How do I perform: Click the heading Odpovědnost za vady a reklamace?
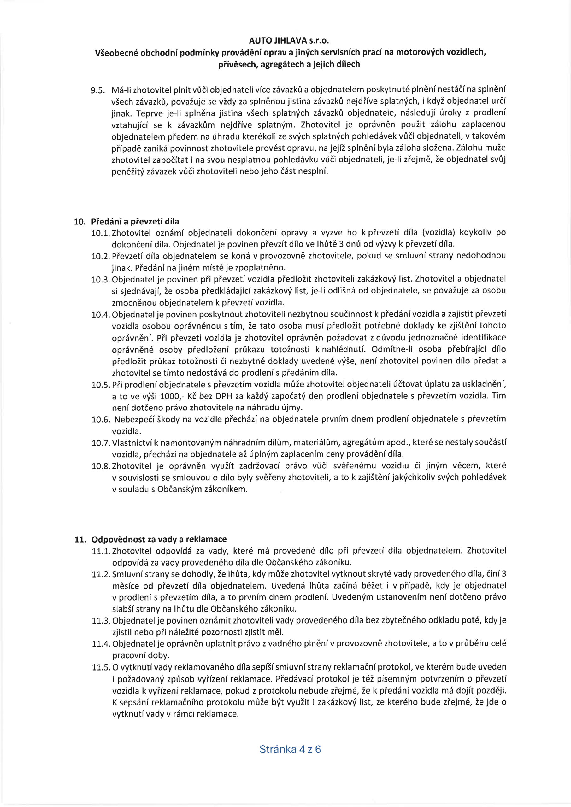(x=159, y=539)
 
